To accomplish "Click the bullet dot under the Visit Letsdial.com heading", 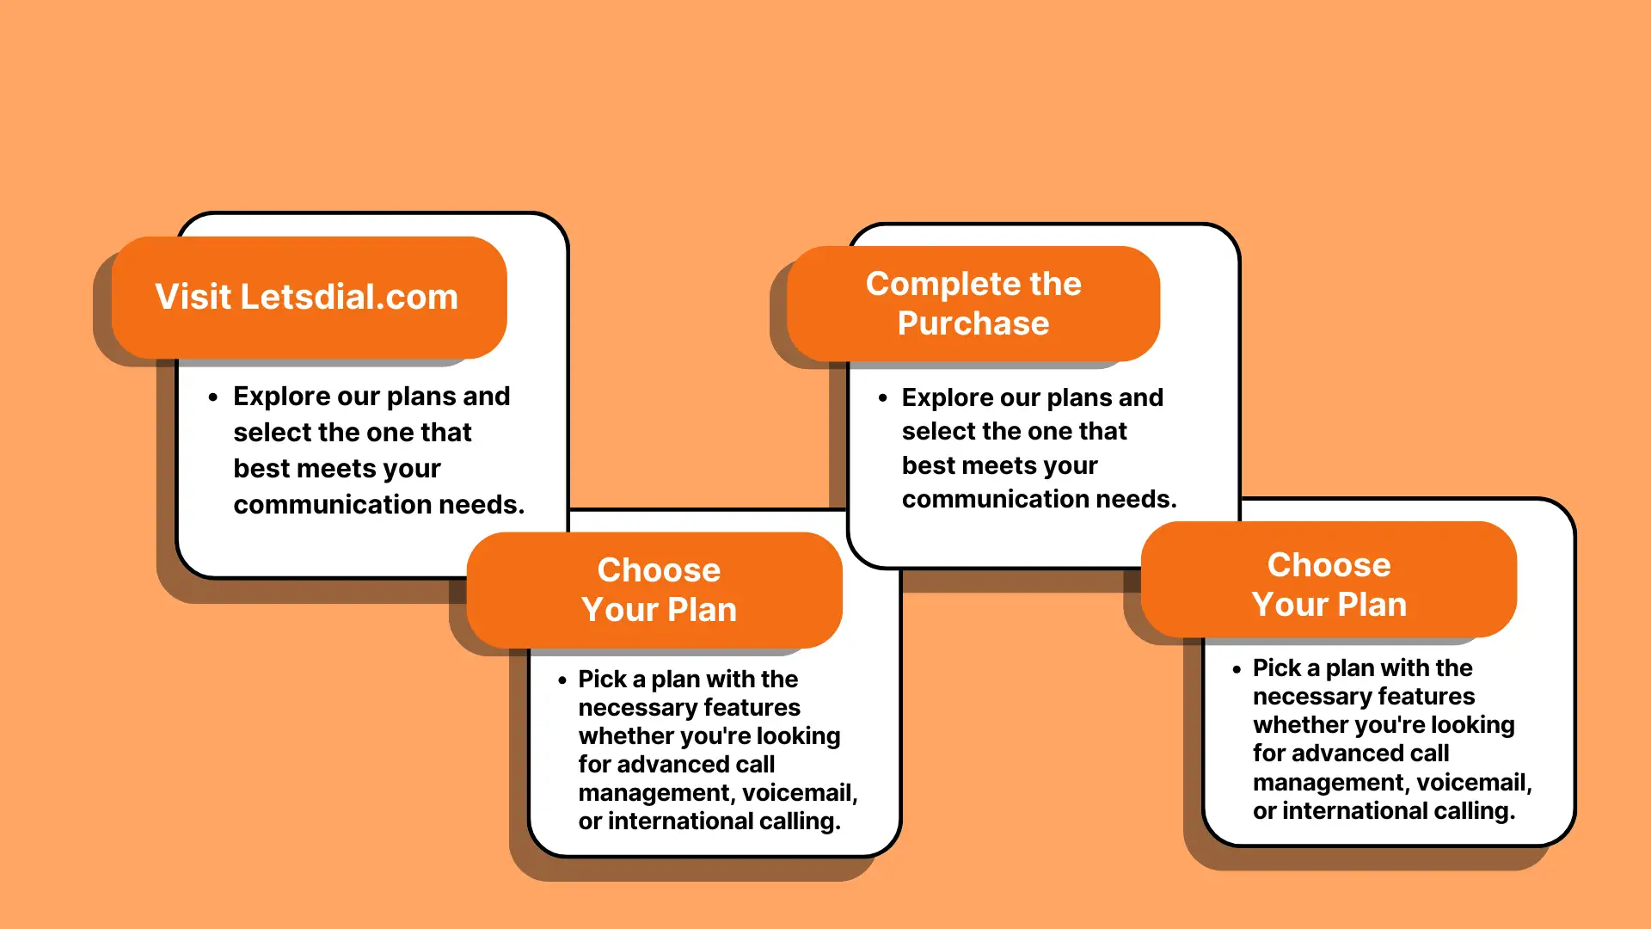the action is pos(213,397).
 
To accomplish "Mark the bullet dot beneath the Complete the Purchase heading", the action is pos(883,398).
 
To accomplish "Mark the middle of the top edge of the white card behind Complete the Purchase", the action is pos(1044,225).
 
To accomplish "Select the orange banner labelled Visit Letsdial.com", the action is pos(310,297).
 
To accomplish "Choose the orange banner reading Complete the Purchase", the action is pos(973,304).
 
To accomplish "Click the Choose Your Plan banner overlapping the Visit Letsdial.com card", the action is pos(654,590).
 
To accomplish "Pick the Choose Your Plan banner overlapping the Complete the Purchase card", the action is pos(1329,580).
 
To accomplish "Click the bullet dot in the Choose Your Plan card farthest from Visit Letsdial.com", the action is pos(1237,669).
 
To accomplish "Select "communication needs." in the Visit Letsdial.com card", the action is pos(378,504).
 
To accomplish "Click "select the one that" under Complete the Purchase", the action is pos(1014,431).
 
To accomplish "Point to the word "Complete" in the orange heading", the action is pos(942,285).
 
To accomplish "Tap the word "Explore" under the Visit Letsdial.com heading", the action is pos(281,397).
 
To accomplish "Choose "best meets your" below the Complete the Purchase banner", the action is pos(999,466).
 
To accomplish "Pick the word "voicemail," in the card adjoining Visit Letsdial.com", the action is pos(800,793).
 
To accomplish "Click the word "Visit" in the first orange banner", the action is pos(193,297).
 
